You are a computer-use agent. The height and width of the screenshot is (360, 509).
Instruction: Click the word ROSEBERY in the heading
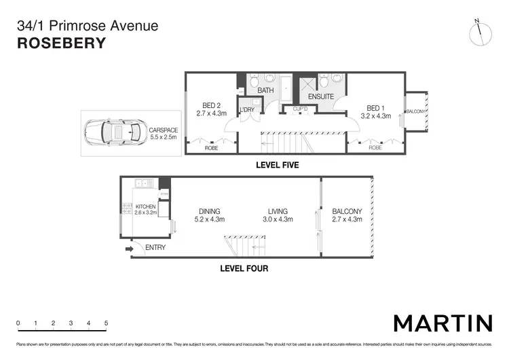pyautogui.click(x=60, y=43)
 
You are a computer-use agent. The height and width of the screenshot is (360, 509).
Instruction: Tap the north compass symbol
pyautogui.click(x=479, y=34)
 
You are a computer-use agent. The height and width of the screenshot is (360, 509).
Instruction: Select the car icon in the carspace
pyautogui.click(x=113, y=132)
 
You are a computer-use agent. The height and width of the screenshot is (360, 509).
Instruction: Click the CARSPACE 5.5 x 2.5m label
pyautogui.click(x=163, y=133)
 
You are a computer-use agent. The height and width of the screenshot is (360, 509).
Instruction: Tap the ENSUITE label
pyautogui.click(x=321, y=97)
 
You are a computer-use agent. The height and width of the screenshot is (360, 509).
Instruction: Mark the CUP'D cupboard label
pyautogui.click(x=300, y=109)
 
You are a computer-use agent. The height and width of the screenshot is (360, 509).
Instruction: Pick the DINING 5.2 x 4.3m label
pyautogui.click(x=209, y=215)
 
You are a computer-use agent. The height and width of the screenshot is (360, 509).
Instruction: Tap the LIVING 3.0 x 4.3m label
pyautogui.click(x=278, y=215)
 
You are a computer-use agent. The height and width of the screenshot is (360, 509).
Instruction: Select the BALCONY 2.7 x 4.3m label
pyautogui.click(x=347, y=215)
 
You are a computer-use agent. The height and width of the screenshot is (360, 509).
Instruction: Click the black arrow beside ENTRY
pyautogui.click(x=130, y=249)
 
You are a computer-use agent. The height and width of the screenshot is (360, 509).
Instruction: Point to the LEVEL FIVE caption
pyautogui.click(x=277, y=165)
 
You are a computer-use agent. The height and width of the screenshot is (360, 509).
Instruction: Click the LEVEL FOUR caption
pyautogui.click(x=244, y=268)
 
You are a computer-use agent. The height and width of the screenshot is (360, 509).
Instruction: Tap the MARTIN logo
pyautogui.click(x=442, y=322)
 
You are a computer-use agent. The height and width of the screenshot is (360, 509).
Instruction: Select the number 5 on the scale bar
pyautogui.click(x=107, y=323)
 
